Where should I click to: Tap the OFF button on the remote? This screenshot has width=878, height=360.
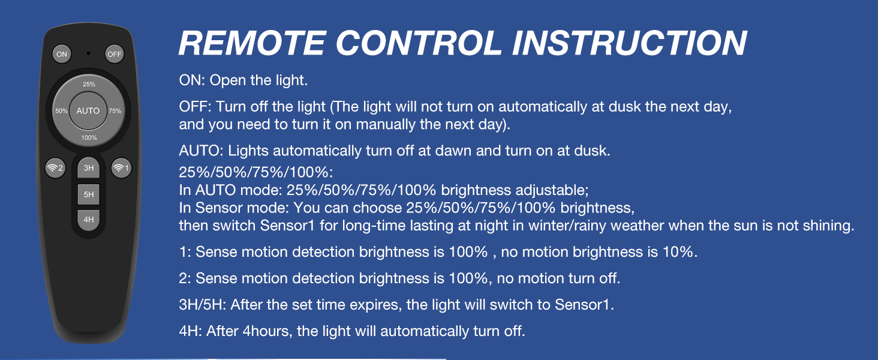(115, 54)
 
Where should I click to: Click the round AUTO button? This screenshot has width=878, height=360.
(88, 111)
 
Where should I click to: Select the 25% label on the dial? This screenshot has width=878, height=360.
(89, 85)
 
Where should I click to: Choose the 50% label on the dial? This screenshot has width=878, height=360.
(61, 111)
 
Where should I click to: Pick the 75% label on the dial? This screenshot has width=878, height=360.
(115, 111)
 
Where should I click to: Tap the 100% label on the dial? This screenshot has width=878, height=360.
(89, 137)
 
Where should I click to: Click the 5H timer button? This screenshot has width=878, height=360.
(89, 194)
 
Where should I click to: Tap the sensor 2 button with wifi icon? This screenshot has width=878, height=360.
(55, 168)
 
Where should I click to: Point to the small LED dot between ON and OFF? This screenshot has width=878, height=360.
(88, 53)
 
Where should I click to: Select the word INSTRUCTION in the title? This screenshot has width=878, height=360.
(630, 43)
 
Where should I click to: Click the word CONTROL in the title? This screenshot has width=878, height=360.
(419, 43)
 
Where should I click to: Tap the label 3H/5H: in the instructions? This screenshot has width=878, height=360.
(203, 305)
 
